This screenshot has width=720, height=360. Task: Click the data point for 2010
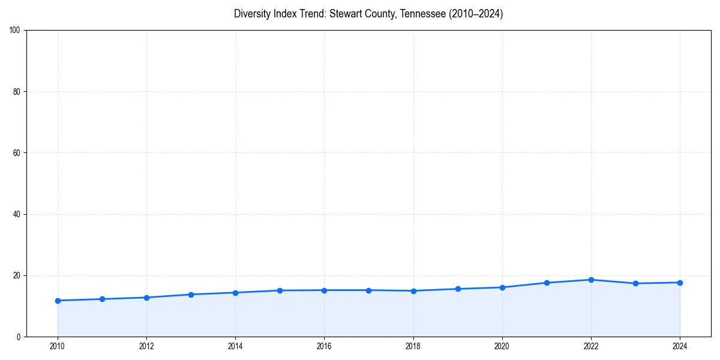pyautogui.click(x=58, y=301)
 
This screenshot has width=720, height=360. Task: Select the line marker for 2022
pyautogui.click(x=591, y=280)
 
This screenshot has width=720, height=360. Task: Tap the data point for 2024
pyautogui.click(x=680, y=283)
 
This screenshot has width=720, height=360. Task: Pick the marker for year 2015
pyautogui.click(x=280, y=290)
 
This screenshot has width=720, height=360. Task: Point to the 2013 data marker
pyautogui.click(x=191, y=295)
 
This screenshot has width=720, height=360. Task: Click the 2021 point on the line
pyautogui.click(x=547, y=283)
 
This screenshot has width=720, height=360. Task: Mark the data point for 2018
pyautogui.click(x=413, y=291)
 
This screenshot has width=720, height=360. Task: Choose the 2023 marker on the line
pyautogui.click(x=635, y=283)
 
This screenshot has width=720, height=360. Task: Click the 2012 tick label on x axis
pyautogui.click(x=146, y=346)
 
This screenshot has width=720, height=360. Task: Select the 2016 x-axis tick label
pyautogui.click(x=324, y=346)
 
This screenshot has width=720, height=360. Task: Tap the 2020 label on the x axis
pyautogui.click(x=502, y=346)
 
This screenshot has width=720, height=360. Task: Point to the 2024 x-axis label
pyautogui.click(x=680, y=346)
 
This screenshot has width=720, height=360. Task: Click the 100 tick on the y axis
pyautogui.click(x=16, y=31)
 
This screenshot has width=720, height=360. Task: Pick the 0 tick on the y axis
pyautogui.click(x=19, y=337)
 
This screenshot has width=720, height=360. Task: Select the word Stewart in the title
pyautogui.click(x=344, y=14)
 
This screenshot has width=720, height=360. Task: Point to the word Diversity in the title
pyautogui.click(x=252, y=14)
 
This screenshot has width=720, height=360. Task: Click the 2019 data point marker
pyautogui.click(x=458, y=289)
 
